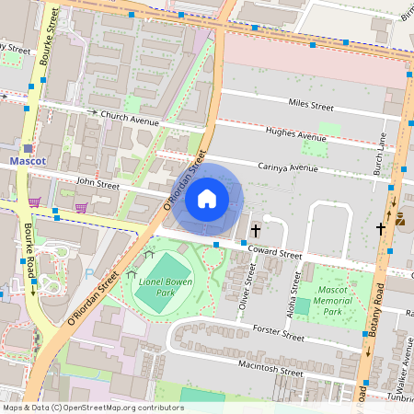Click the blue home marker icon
click(207, 198)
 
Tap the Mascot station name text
click(27, 161)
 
